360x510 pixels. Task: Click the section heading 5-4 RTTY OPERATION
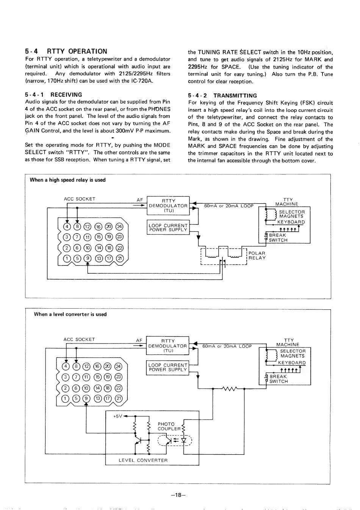[66, 51]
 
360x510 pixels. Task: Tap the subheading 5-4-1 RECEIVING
[53, 95]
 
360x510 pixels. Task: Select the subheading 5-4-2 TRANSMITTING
[222, 96]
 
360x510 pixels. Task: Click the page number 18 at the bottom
[178, 495]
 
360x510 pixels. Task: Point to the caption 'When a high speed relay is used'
[67, 180]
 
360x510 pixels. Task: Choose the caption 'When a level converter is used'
[70, 314]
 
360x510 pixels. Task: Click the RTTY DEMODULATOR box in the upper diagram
[168, 206]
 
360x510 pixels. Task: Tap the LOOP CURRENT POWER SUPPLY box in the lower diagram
[167, 367]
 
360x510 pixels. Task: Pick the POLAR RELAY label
[257, 256]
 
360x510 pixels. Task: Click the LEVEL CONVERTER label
[143, 460]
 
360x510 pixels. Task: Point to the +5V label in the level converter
[118, 416]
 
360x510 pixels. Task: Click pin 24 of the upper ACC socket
[120, 227]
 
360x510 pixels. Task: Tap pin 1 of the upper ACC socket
[67, 259]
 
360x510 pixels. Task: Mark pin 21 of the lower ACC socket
[119, 398]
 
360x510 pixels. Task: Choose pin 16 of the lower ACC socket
[97, 366]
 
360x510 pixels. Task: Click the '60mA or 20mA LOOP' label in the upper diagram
[229, 206]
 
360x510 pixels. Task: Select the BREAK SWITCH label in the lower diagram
[279, 379]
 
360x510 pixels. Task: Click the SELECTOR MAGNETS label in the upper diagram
[291, 214]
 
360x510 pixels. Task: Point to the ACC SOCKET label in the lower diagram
[79, 340]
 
